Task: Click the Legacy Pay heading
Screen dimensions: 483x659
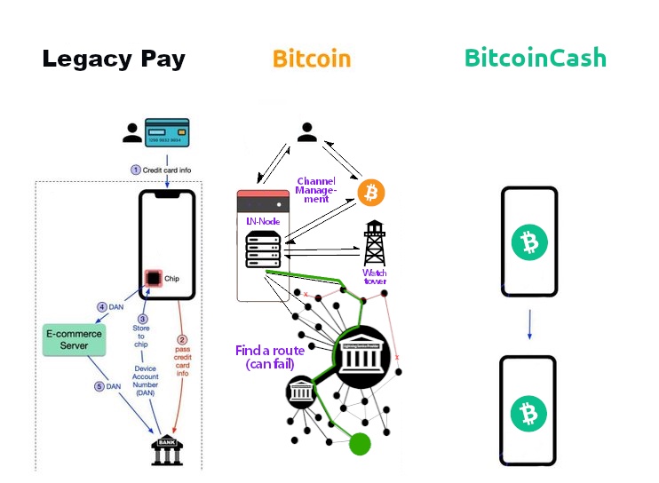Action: pos(114,59)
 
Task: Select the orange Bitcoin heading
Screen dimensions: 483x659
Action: pos(311,59)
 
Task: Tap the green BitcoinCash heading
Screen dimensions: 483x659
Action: pos(535,59)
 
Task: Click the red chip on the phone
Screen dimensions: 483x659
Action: pos(154,279)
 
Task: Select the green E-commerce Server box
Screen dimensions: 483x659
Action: pos(75,339)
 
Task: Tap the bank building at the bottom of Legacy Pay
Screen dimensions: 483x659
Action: pos(166,450)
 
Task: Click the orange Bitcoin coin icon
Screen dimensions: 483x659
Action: pos(371,191)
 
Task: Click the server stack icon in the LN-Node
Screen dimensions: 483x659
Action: pos(262,251)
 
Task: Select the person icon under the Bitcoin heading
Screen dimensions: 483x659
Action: pos(307,132)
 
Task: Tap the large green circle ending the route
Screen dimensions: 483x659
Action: pos(360,443)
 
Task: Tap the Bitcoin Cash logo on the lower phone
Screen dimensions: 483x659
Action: pos(529,413)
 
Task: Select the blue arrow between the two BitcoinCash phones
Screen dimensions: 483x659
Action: pos(529,324)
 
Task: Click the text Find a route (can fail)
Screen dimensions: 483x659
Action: pos(270,357)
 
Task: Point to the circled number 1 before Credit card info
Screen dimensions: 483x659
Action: pos(136,170)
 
